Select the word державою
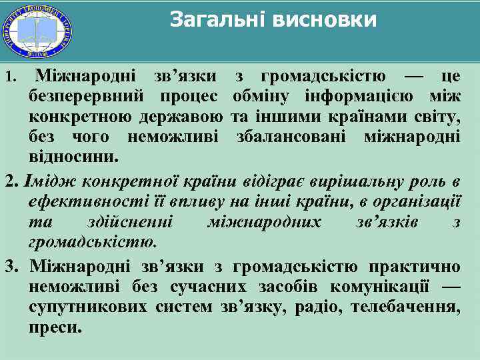coord(182,119)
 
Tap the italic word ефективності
coord(78,200)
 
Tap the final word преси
coord(56,328)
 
